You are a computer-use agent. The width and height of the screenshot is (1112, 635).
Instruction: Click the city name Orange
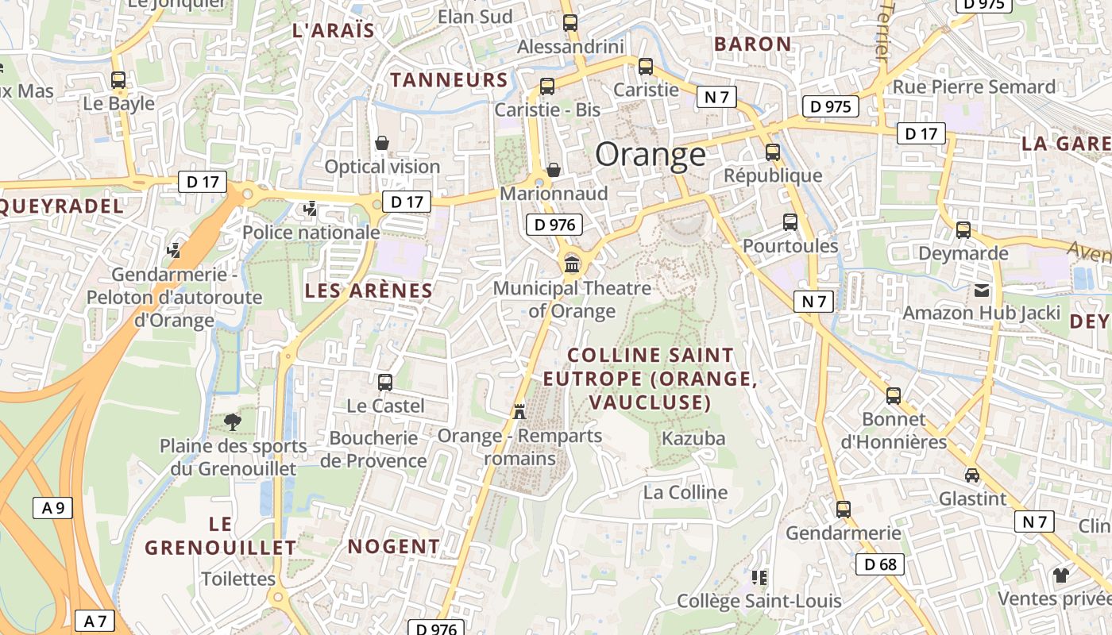650,155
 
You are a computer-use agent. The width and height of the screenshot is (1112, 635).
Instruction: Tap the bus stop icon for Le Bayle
118,80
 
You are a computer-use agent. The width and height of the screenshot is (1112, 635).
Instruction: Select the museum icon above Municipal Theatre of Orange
571,264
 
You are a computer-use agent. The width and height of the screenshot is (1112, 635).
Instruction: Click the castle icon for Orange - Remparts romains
519,411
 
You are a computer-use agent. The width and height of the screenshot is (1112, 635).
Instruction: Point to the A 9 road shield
52,508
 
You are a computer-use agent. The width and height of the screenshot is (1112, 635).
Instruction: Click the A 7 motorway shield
95,621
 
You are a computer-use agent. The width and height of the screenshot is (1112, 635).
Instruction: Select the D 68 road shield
879,564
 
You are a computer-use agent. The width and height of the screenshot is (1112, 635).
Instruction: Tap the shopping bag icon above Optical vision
382,143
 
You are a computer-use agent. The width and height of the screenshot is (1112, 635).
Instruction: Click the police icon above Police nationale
311,209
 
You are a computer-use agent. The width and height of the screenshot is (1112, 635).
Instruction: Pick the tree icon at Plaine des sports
232,421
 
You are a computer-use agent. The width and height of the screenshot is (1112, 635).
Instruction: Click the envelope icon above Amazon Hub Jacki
982,291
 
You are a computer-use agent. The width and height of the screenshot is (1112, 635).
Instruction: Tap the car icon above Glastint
971,475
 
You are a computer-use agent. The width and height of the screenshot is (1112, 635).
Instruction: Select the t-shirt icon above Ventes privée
1061,575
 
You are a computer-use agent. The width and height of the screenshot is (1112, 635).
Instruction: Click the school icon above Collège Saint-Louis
759,577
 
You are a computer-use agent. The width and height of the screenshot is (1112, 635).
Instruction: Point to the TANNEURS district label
449,79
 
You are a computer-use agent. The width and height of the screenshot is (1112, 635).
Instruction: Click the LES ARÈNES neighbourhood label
369,291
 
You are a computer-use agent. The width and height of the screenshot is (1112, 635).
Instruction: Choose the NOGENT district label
393,546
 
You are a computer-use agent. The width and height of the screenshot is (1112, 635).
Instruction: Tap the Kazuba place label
693,438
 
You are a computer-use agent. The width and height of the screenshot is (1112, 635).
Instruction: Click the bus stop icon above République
772,152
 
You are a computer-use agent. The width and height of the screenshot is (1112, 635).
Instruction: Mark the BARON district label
752,44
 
